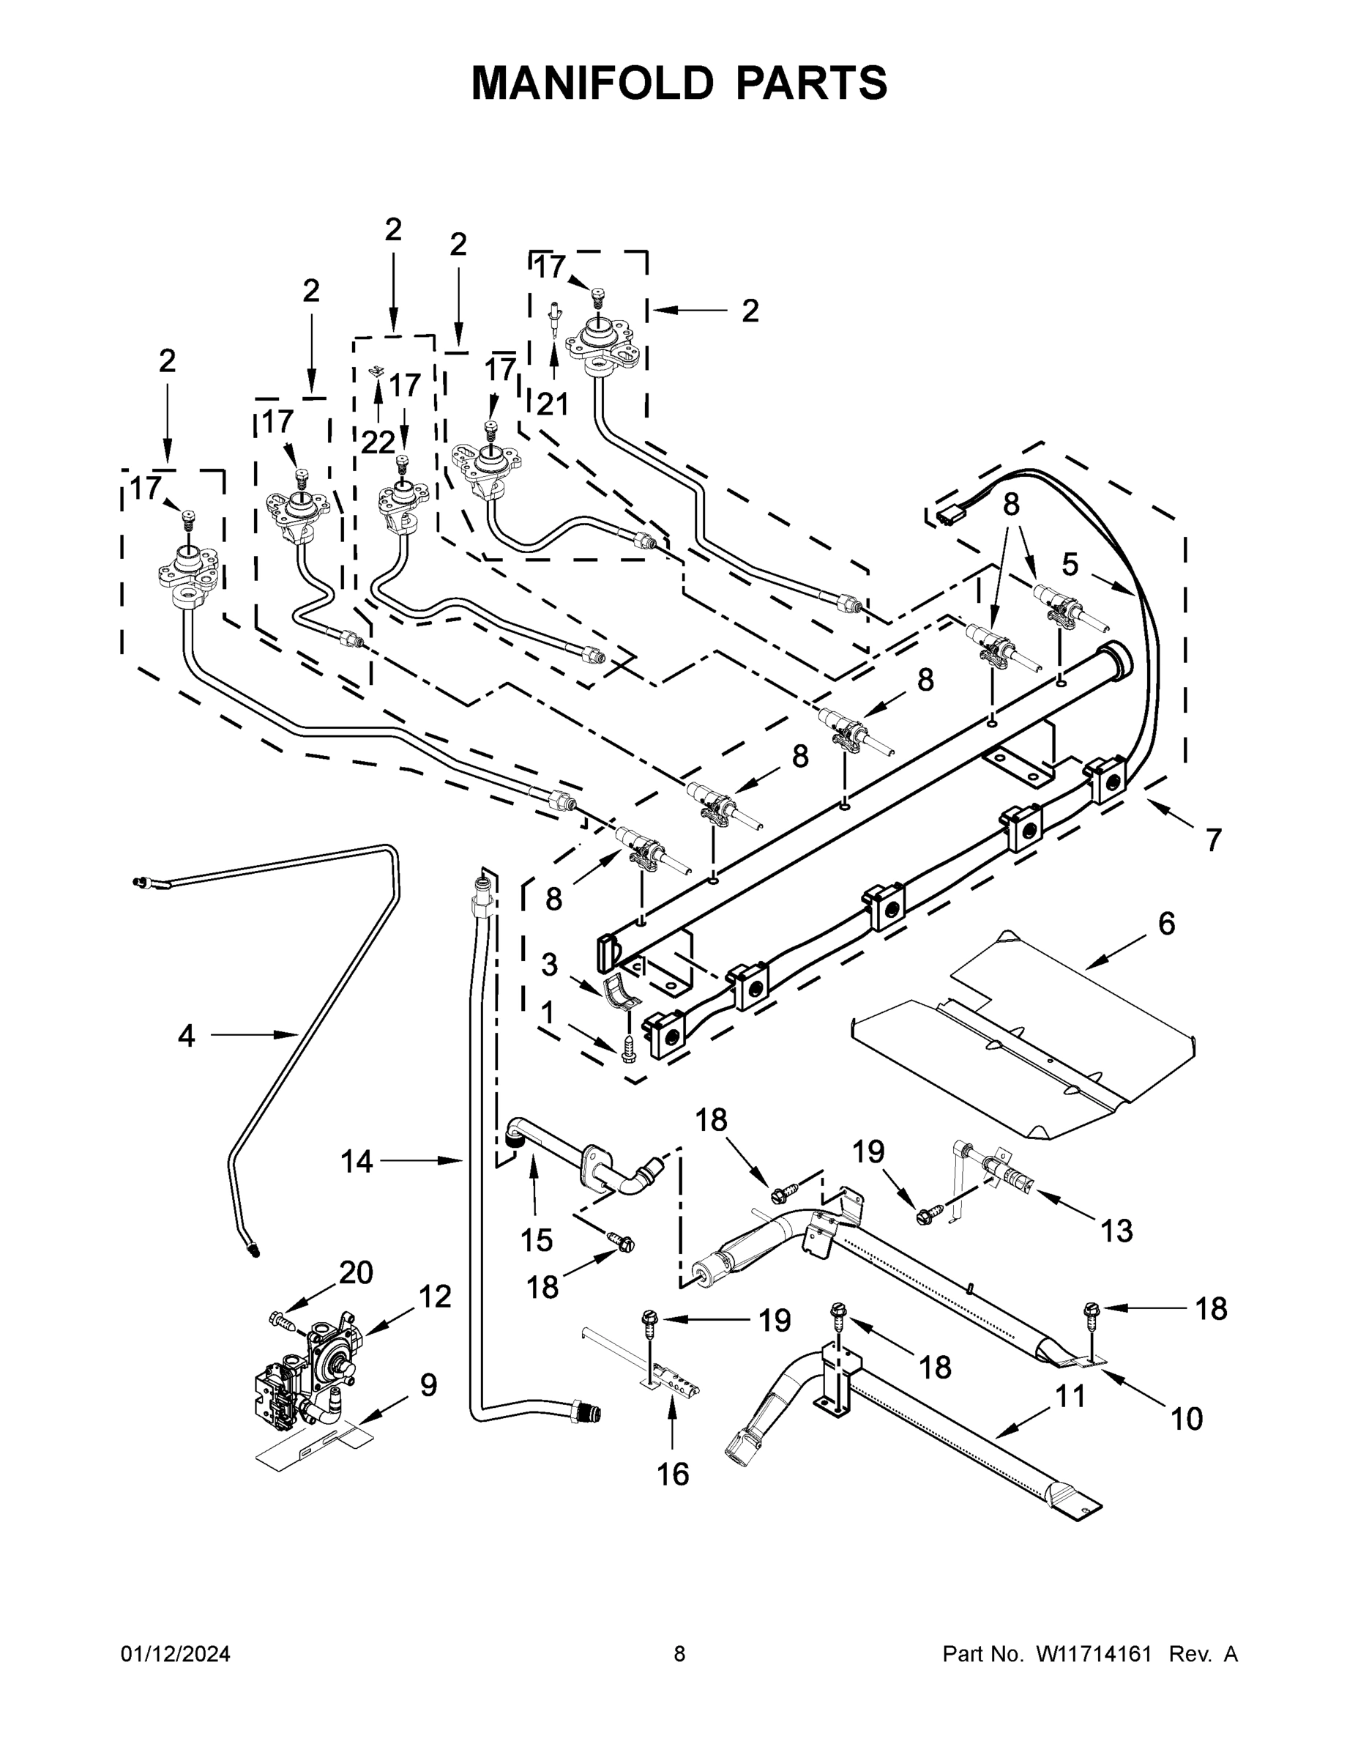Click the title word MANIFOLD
pyautogui.click(x=592, y=83)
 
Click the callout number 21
pyautogui.click(x=553, y=404)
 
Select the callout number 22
pyautogui.click(x=377, y=442)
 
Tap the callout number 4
pyautogui.click(x=186, y=1035)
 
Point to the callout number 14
pyautogui.click(x=357, y=1161)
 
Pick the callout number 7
pyautogui.click(x=1213, y=839)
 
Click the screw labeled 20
pyautogui.click(x=280, y=1319)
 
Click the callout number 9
pyautogui.click(x=429, y=1385)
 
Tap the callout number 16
pyautogui.click(x=673, y=1474)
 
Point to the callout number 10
pyautogui.click(x=1187, y=1418)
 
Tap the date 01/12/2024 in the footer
pyautogui.click(x=176, y=1654)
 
